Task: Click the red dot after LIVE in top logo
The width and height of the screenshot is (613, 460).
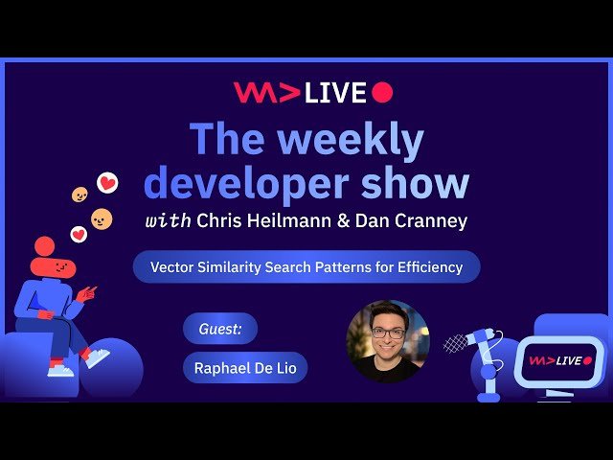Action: pyautogui.click(x=382, y=92)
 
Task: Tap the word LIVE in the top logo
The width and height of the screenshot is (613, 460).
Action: pyautogui.click(x=335, y=93)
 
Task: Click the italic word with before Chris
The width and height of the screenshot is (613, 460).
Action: pyautogui.click(x=168, y=220)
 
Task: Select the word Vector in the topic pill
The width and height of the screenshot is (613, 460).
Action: pyautogui.click(x=174, y=267)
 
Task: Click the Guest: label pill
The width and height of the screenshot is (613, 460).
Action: pyautogui.click(x=220, y=329)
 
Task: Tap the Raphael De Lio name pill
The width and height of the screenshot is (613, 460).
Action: pyautogui.click(x=244, y=367)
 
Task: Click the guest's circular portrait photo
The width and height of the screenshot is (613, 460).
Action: pyautogui.click(x=388, y=341)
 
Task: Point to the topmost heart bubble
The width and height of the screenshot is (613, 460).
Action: pyautogui.click(x=107, y=182)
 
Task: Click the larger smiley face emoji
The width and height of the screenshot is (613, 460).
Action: pyautogui.click(x=102, y=219)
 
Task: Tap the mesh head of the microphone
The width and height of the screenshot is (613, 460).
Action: pyautogui.click(x=456, y=342)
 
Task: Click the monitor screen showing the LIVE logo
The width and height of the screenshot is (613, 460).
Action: pyautogui.click(x=560, y=360)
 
